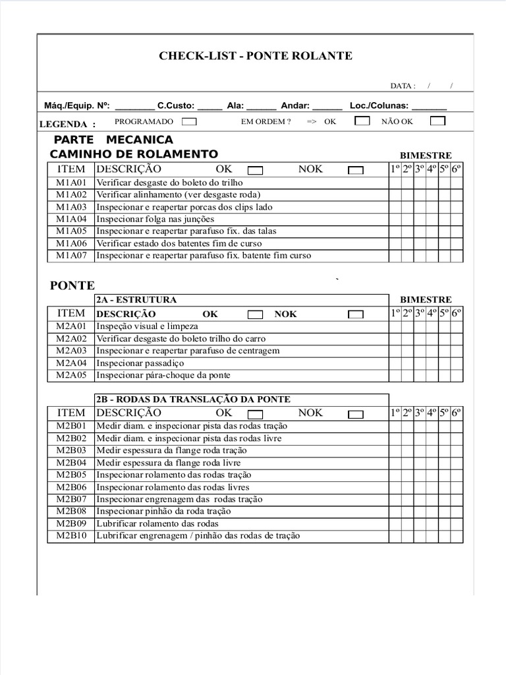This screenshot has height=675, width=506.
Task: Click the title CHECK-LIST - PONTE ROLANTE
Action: [256, 56]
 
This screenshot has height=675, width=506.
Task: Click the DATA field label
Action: [403, 86]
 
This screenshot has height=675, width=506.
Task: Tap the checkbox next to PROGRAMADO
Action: [188, 121]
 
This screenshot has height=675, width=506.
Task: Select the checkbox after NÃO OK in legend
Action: [437, 121]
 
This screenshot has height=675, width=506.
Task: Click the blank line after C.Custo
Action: [210, 105]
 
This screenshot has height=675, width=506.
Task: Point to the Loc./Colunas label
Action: [379, 105]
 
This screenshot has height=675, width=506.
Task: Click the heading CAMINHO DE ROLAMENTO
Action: [134, 154]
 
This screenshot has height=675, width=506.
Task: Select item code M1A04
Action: [71, 219]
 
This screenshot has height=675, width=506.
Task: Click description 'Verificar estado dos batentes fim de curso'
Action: [179, 243]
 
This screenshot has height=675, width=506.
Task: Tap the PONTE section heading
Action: [72, 285]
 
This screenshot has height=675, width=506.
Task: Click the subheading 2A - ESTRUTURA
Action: [136, 300]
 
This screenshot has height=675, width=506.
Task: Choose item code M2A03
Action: [71, 351]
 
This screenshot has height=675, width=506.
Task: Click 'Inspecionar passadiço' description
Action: [140, 363]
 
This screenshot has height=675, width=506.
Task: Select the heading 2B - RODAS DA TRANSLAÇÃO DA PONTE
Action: [193, 399]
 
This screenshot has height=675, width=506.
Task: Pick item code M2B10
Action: [71, 536]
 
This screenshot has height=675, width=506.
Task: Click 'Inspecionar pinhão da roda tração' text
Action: [164, 511]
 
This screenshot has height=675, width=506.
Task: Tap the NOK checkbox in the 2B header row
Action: [356, 415]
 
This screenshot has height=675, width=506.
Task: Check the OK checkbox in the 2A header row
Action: [256, 315]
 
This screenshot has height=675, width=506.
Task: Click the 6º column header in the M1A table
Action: [457, 169]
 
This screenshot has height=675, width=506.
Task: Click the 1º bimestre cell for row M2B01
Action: [395, 426]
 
